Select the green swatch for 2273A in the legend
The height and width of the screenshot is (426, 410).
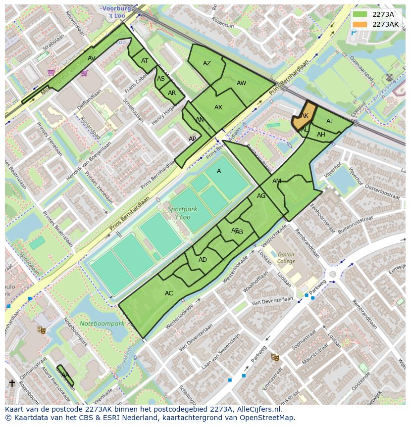(x=360, y=15)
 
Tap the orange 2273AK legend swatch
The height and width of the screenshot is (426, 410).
(x=360, y=24)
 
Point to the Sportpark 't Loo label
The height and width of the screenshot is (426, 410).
(x=182, y=213)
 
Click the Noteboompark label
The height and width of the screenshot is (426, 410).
(x=102, y=324)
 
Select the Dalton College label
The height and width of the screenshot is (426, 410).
(x=286, y=258)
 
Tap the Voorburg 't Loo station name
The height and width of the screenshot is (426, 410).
(x=117, y=12)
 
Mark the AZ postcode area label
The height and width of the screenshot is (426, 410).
(x=207, y=63)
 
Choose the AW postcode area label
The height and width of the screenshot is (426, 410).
(x=241, y=83)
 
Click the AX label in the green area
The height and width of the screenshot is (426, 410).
(x=218, y=107)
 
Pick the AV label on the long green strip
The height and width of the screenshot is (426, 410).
(x=92, y=58)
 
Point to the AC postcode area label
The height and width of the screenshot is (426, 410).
(x=169, y=293)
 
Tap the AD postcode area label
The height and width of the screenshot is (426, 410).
(x=203, y=260)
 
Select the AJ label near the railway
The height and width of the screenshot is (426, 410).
(x=330, y=121)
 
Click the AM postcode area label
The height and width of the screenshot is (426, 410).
(x=277, y=181)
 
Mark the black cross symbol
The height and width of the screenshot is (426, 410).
(x=12, y=383)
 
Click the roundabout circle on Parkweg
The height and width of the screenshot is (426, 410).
(x=333, y=274)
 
